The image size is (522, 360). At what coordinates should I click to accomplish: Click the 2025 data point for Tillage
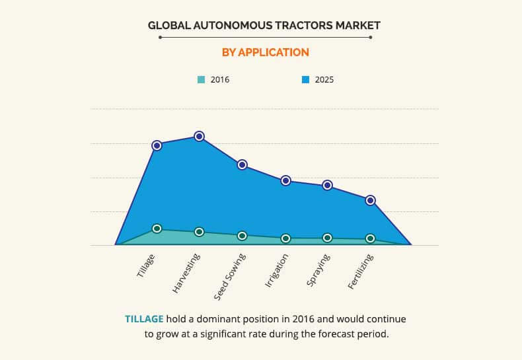point(157,145)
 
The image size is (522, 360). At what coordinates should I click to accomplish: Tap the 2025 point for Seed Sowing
point(242,164)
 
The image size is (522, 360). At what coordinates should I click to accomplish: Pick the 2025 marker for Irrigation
point(285,180)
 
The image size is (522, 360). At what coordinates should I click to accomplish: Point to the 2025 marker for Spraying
point(328,185)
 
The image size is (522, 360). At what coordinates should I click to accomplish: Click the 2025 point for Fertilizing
point(371,200)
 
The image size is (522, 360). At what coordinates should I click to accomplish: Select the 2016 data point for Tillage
point(157,229)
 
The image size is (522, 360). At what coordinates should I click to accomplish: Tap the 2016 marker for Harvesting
point(200,232)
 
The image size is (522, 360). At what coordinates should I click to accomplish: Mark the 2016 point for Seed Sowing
point(242,236)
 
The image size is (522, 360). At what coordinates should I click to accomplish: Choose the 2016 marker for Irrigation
point(285,238)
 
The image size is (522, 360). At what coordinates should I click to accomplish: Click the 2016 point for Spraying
point(328,238)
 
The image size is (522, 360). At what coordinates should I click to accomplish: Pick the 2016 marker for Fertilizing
point(371,238)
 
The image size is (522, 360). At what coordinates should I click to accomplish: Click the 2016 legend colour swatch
point(201,80)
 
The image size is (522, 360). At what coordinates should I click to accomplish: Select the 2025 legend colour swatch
point(306,80)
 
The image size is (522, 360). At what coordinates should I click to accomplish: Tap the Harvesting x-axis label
point(186,272)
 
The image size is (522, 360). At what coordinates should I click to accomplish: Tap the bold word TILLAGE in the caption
point(144,319)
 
